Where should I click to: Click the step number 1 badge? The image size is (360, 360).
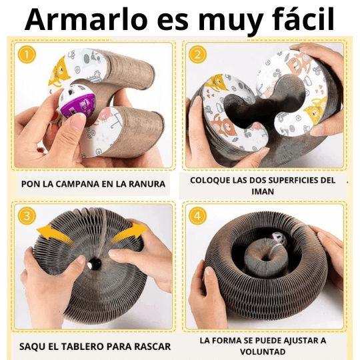coord(25,55)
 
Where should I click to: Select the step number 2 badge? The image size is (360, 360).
coord(198,55)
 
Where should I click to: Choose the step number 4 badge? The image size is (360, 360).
coord(198,216)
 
